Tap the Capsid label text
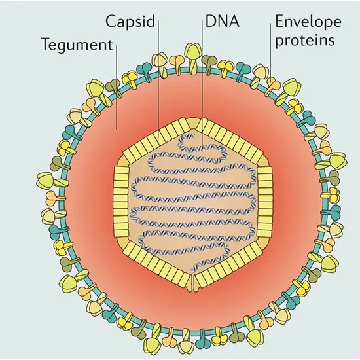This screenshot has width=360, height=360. pos(130,22)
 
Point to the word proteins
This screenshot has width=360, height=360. pos(305,40)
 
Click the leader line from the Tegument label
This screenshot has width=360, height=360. pos(117,85)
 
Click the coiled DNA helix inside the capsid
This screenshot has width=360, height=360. pos(193,196)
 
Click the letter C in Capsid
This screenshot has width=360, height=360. pos(111,22)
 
